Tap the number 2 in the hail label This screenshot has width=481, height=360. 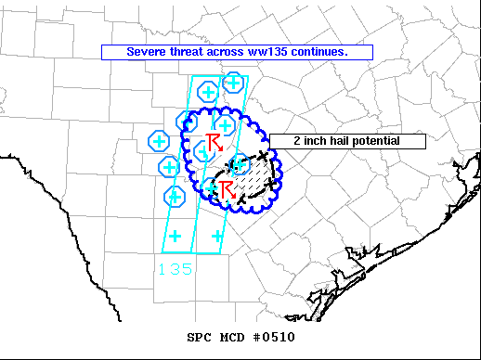(x=295, y=141)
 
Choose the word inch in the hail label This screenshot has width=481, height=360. (x=313, y=141)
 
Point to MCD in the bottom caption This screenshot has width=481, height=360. (x=232, y=337)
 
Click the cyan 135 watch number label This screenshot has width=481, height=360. (x=175, y=268)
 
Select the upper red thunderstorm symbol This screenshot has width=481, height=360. (x=214, y=141)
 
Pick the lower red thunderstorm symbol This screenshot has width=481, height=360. (x=224, y=189)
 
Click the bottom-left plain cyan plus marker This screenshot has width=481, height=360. (x=175, y=236)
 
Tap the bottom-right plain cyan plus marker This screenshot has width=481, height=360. (x=217, y=236)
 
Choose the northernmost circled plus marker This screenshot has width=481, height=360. (x=234, y=83)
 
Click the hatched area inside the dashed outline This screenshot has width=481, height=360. (x=253, y=176)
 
